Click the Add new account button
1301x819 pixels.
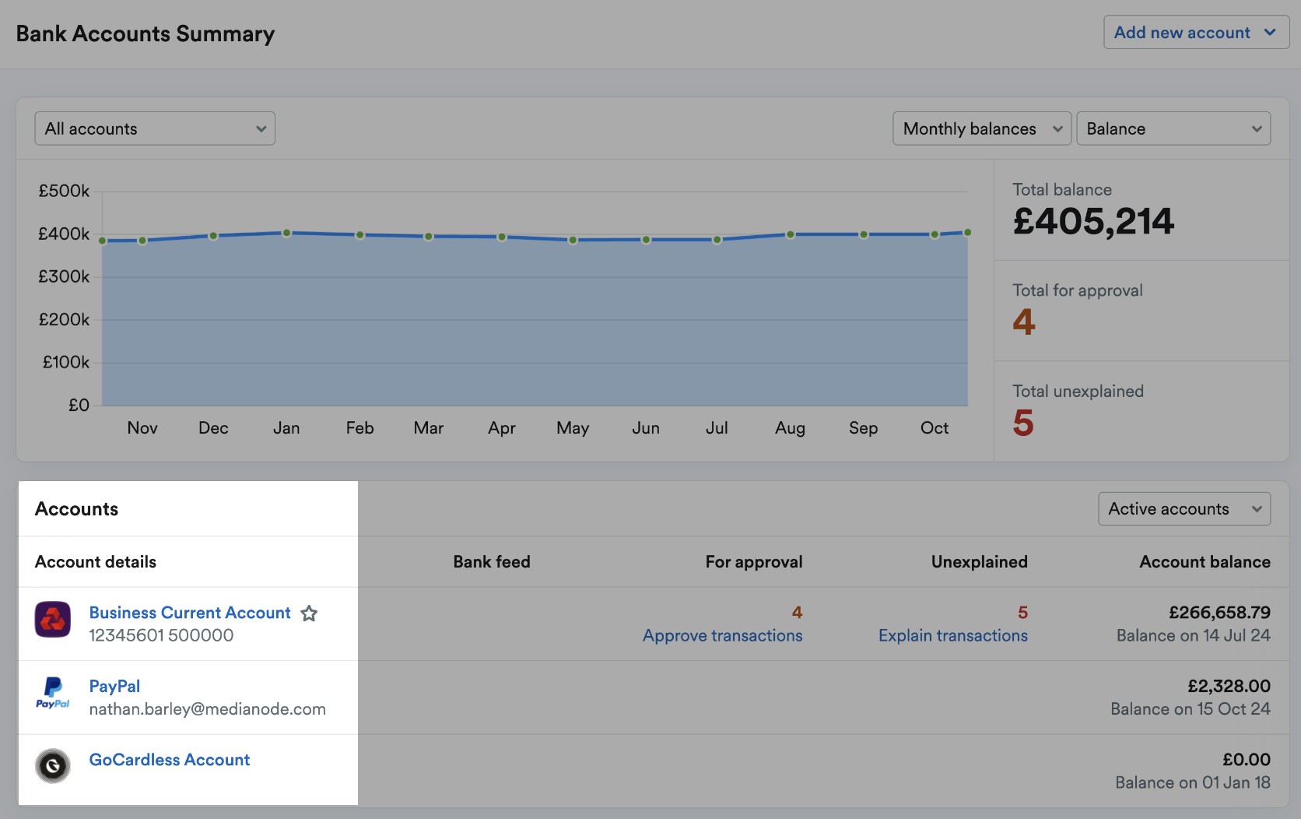pos(1195,33)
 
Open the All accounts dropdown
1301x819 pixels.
pos(155,128)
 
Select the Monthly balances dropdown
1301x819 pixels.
pos(981,128)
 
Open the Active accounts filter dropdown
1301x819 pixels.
pos(1184,509)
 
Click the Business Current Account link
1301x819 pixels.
pos(190,613)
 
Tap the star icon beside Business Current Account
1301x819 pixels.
pos(310,613)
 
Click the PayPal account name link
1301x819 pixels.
pos(114,686)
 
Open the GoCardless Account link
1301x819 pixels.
pos(170,760)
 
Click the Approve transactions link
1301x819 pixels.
pos(722,635)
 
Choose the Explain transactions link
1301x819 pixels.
pos(952,635)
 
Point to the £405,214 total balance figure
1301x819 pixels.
pos(1093,222)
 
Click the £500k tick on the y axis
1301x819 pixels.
pos(64,191)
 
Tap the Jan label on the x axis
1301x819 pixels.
pos(286,428)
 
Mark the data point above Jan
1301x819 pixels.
pos(286,233)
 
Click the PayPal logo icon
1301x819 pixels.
pos(53,692)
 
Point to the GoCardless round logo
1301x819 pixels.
pos(53,766)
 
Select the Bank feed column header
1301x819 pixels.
pos(492,562)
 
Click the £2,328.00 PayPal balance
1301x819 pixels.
pos(1229,686)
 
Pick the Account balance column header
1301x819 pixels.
pos(1205,562)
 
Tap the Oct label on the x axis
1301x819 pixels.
pos(934,428)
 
